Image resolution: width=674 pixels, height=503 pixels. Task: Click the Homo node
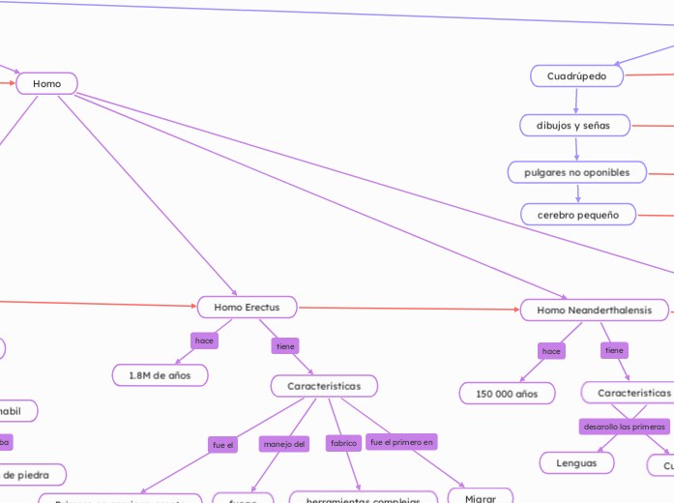46,84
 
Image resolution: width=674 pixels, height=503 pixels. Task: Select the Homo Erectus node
247,308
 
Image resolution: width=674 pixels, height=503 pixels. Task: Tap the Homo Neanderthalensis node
594,311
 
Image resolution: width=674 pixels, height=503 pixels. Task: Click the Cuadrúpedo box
576,75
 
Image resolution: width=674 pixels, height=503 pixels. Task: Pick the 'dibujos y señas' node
575,126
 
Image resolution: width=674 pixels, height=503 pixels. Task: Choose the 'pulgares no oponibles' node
576,172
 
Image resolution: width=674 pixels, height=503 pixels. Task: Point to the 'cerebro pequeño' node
577,215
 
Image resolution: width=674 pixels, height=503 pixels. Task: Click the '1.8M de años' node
160,374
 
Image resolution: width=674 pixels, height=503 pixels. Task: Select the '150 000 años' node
507,394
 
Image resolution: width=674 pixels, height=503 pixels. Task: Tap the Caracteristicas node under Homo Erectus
324,386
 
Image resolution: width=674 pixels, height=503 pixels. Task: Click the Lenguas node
576,463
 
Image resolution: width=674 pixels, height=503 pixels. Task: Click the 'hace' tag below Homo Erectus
204,340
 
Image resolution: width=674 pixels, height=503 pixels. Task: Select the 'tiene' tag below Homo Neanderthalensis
614,350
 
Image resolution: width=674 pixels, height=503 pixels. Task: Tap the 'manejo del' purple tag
284,444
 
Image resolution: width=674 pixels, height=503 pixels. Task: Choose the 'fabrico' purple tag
344,443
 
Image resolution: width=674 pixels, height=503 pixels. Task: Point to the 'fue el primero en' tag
401,442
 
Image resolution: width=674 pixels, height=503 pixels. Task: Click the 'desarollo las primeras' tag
624,427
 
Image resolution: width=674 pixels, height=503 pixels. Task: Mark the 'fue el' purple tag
222,445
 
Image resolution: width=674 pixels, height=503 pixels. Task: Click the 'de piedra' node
29,475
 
